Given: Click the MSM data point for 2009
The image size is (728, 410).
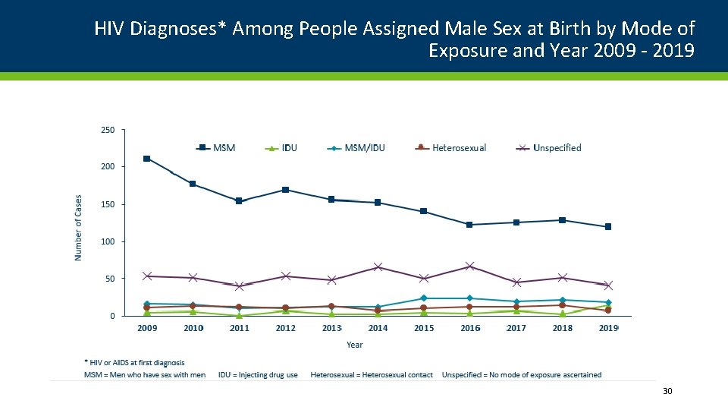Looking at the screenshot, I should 146,159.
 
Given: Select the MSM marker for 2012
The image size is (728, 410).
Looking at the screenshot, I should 285,190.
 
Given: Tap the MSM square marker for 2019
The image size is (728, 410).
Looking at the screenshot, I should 608,227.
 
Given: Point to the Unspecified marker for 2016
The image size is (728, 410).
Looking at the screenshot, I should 470,266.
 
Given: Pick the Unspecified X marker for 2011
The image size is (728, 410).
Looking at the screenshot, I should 239,286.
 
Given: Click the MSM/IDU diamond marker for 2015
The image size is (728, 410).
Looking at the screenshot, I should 424,298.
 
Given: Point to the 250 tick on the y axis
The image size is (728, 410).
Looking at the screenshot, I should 108,130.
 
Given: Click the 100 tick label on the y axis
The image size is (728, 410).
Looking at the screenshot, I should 108,241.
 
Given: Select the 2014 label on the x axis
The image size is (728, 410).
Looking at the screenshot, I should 378,328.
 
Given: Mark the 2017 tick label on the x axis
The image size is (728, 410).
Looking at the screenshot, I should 516,328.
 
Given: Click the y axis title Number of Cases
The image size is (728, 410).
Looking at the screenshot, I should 78,228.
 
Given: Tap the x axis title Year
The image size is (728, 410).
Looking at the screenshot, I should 355,345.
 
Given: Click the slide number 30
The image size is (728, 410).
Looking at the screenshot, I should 667,391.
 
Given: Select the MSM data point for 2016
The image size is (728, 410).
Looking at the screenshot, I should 470,225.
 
